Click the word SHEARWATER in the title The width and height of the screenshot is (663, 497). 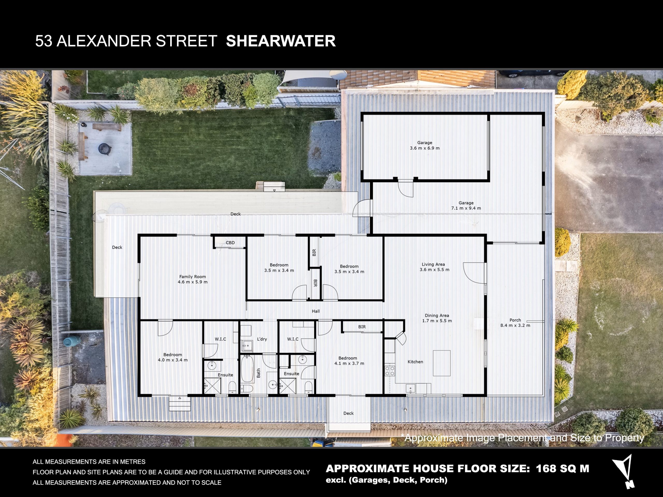[x=281, y=41]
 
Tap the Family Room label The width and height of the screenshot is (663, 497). [x=193, y=279]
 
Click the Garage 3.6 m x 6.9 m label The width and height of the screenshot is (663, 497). [x=425, y=145]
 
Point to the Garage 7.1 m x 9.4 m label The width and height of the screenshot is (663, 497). [x=466, y=205]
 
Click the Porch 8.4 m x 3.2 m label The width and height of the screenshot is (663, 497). [x=515, y=323]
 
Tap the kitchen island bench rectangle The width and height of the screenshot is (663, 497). [x=442, y=363]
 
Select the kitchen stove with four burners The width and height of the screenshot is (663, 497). [x=390, y=371]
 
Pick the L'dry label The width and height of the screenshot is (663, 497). [x=262, y=339]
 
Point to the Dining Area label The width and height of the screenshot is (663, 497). [x=437, y=318]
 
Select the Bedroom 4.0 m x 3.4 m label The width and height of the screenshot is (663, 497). [x=173, y=357]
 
